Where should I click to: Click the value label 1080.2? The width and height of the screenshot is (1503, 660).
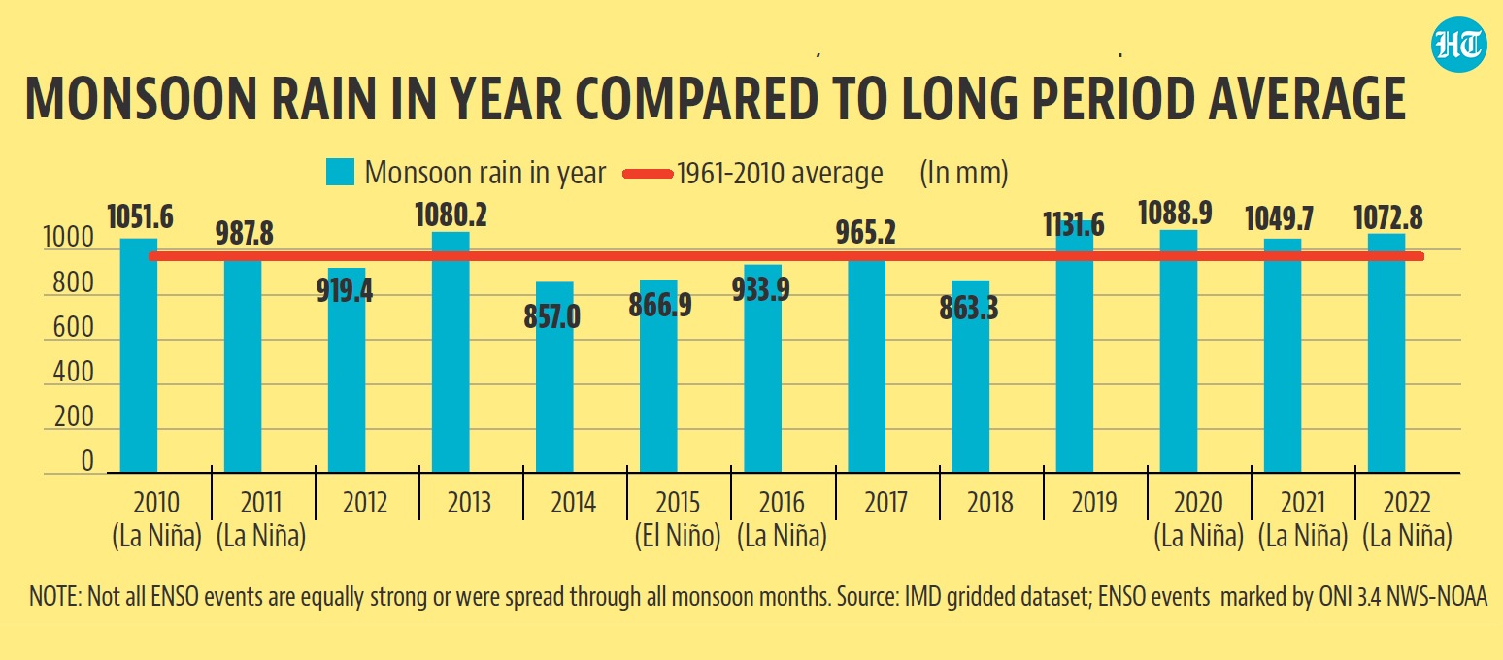(450, 215)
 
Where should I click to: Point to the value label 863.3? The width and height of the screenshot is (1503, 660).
(972, 309)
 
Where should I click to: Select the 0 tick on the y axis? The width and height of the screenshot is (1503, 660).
(87, 462)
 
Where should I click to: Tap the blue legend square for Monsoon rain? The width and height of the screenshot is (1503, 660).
(341, 174)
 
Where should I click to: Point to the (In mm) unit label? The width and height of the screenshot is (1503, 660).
(963, 174)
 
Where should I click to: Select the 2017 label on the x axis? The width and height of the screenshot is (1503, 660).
(885, 503)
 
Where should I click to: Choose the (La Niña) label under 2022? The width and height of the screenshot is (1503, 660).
(1407, 537)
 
